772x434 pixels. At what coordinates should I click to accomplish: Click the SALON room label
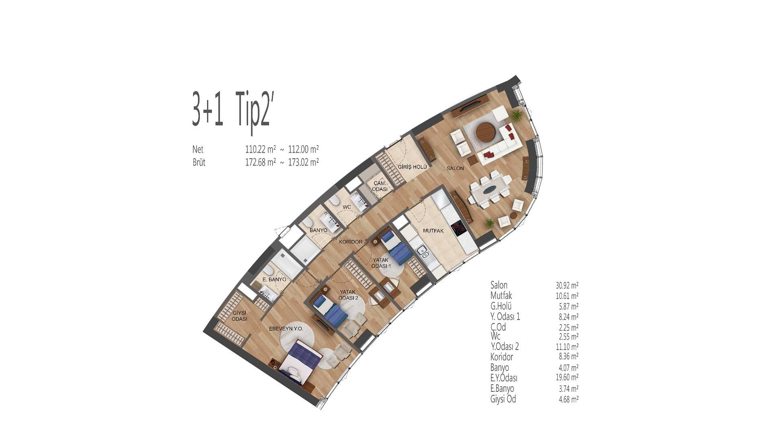pos(455,168)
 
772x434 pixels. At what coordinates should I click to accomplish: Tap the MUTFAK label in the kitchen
pos(433,231)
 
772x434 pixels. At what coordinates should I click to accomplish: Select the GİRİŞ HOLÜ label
pos(410,167)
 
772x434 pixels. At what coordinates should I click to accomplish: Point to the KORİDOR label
pos(351,242)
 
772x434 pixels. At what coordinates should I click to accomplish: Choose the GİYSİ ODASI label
pos(239,316)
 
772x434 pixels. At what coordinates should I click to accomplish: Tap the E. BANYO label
pos(274,279)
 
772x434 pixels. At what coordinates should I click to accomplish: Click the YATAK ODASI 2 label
pos(349,295)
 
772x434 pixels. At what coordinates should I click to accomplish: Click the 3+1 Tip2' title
pos(233,109)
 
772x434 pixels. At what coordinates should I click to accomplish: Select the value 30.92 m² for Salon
pos(567,285)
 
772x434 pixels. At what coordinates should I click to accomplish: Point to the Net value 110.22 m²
pos(261,149)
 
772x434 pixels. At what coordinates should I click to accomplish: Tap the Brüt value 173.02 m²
pos(304,162)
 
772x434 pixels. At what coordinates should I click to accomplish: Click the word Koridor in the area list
pos(502,357)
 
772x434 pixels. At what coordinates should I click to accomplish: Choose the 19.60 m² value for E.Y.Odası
pos(567,377)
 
